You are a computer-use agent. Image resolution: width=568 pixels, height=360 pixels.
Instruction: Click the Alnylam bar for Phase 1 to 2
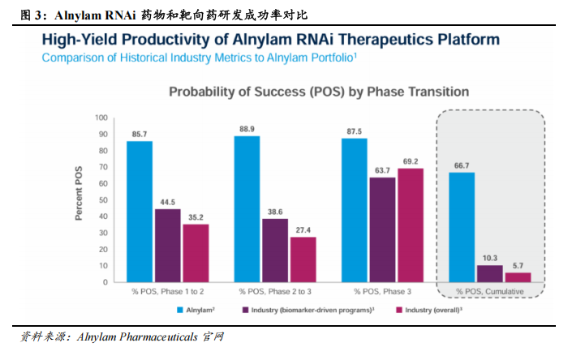click(139, 212)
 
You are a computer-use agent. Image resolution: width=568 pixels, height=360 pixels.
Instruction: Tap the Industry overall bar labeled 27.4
click(303, 259)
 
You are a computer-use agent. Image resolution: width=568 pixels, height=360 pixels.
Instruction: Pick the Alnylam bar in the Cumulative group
click(462, 227)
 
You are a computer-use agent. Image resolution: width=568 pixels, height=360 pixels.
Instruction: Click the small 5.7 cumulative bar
click(519, 277)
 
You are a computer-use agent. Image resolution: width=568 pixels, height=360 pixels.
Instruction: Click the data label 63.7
click(383, 169)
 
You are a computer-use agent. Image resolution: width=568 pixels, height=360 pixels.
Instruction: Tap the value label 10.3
click(490, 258)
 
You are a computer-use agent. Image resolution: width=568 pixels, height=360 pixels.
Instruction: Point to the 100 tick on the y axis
click(101, 118)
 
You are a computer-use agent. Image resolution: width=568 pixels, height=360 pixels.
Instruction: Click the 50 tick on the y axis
click(103, 200)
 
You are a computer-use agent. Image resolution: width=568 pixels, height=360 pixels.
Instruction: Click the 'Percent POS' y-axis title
click(80, 200)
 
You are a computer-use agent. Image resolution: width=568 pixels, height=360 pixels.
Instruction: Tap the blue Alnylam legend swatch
click(183, 310)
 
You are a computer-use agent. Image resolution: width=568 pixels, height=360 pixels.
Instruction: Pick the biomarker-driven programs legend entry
click(308, 310)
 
